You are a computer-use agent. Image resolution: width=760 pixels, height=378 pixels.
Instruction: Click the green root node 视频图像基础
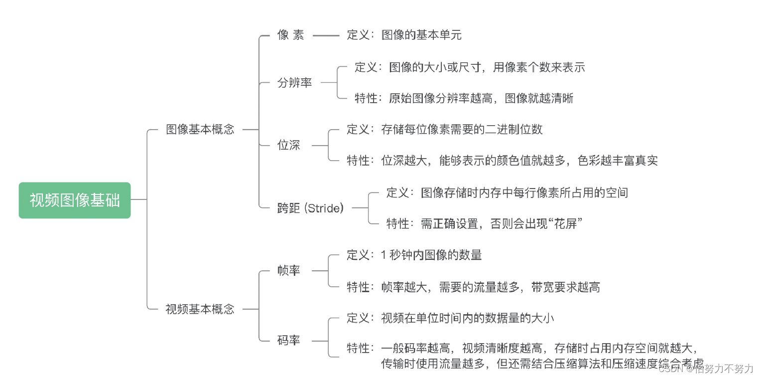[x=75, y=200]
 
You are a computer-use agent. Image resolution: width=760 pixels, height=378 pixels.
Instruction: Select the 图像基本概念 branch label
[x=200, y=130]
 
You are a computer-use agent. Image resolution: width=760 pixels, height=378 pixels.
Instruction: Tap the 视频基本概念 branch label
[x=200, y=309]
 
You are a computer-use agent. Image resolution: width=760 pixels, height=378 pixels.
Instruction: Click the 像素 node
[x=290, y=35]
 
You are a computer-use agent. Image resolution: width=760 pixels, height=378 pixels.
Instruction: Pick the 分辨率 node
[x=294, y=83]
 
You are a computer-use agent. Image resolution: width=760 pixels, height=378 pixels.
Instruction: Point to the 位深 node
[x=289, y=146]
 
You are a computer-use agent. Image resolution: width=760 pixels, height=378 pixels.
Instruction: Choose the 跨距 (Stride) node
[x=310, y=208]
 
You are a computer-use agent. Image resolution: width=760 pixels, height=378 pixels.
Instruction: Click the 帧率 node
[x=289, y=271]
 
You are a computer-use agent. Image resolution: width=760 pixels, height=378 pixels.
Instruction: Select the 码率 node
[x=289, y=341]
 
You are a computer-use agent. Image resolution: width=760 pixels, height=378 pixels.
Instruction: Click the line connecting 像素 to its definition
[x=326, y=35]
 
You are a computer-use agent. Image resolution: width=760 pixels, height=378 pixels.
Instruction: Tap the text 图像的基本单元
[x=421, y=35]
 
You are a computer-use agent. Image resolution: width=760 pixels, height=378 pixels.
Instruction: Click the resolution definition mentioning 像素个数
[x=470, y=67]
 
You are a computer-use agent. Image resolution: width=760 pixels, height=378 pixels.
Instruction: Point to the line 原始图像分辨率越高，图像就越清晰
[x=464, y=98]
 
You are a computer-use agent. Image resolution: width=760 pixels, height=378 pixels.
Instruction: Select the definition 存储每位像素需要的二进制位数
[x=444, y=130]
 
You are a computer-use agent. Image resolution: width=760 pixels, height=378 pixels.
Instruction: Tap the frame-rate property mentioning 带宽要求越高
[x=473, y=287]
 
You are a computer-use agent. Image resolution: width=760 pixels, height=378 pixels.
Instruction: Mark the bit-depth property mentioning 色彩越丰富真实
[x=502, y=161]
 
